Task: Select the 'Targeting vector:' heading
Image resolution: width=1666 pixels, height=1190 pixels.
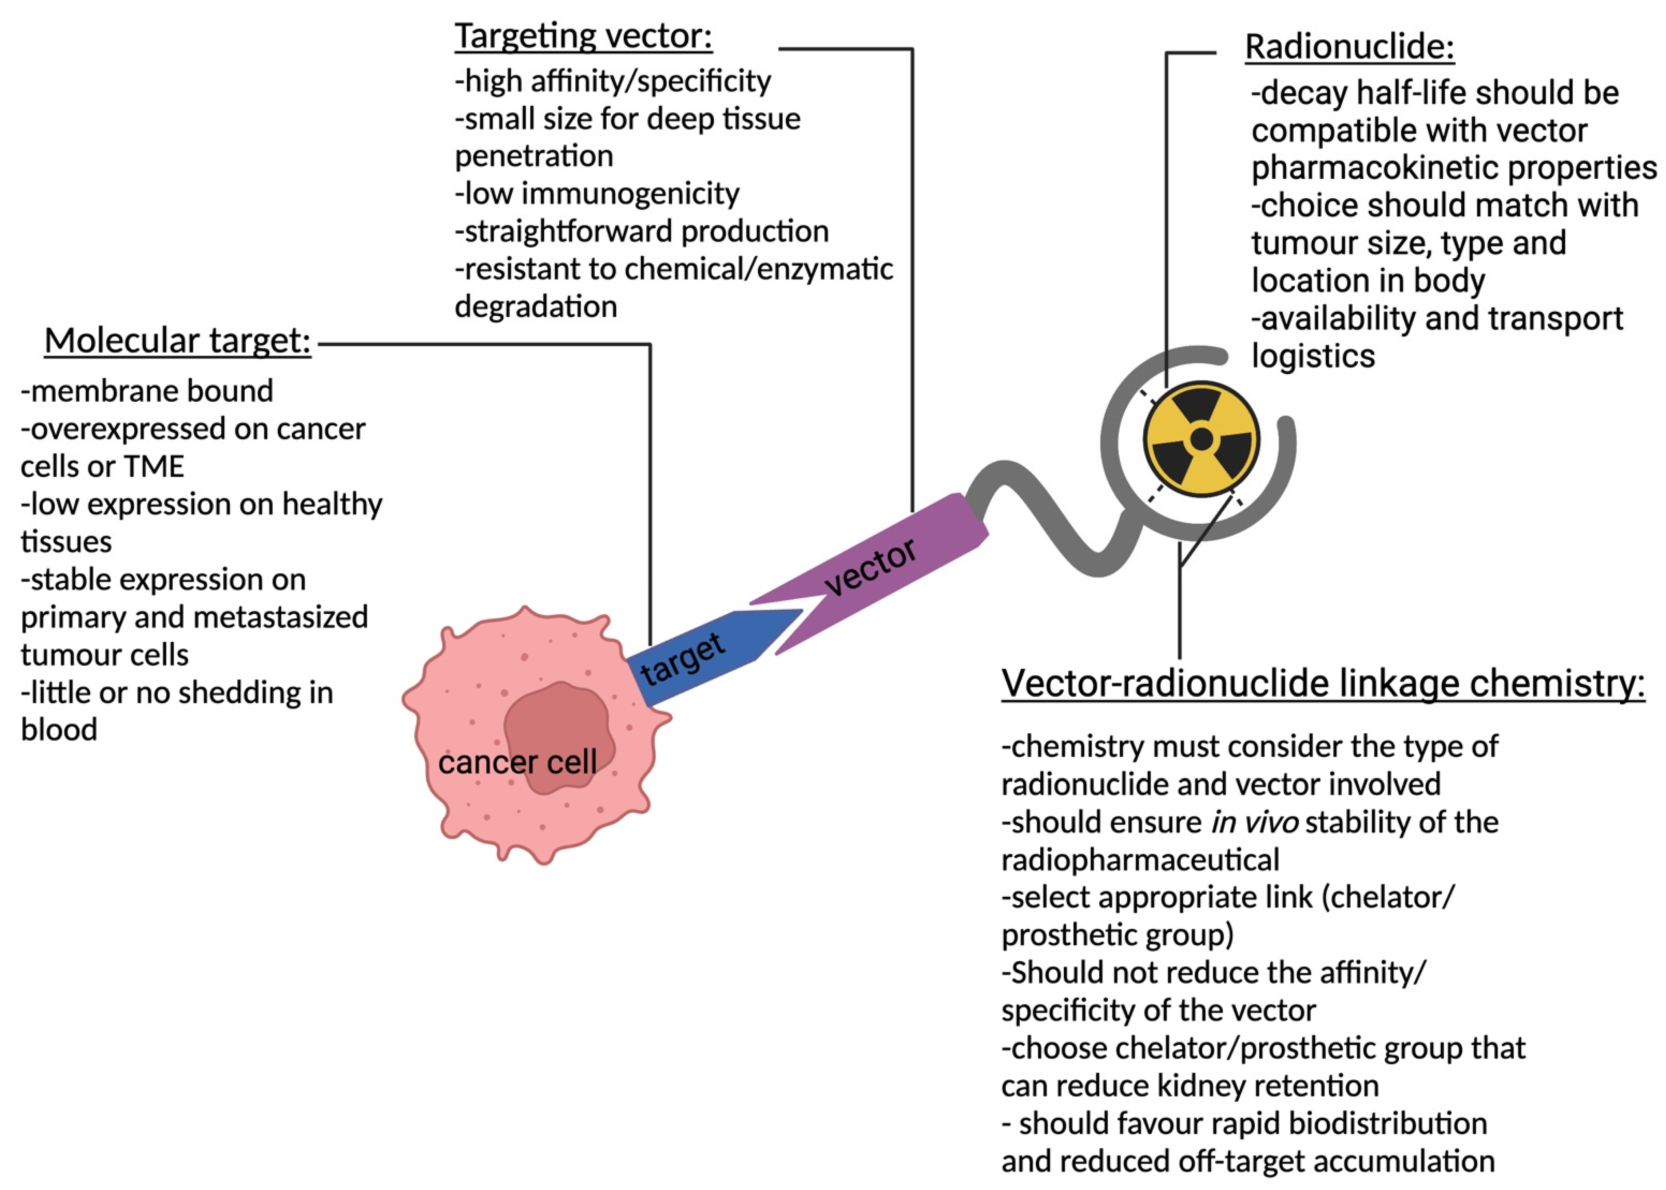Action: point(583,35)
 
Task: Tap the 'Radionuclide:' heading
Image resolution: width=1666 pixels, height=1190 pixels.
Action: point(1349,47)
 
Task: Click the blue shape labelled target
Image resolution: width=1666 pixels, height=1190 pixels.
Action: point(704,656)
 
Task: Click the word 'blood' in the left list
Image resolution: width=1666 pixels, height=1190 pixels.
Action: point(59,730)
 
